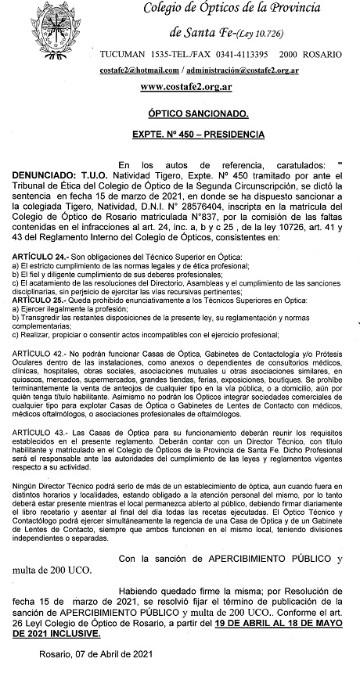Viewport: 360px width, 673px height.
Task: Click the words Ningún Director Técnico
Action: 56,509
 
